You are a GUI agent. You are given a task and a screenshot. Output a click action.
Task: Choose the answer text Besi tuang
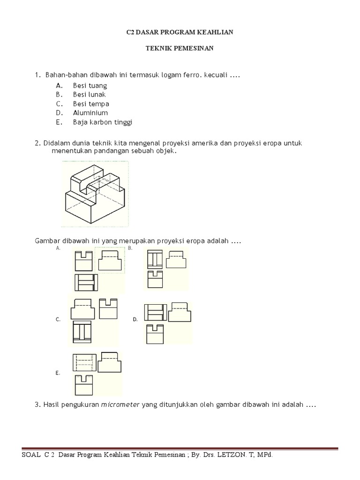coord(90,85)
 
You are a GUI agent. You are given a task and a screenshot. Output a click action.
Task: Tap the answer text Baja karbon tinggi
coord(103,122)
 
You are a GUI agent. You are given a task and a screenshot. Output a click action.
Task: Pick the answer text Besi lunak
coord(90,95)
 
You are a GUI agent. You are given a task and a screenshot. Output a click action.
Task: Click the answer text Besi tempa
coord(91,104)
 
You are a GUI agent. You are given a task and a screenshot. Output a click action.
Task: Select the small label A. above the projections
coord(58,248)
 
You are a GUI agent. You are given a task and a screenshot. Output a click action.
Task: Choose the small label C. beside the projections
coord(58,319)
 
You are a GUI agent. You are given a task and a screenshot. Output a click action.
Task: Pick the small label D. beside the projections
coord(135,319)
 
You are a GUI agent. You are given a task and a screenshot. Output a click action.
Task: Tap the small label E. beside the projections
coord(57,374)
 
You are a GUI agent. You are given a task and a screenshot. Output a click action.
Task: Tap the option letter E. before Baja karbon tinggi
coord(59,122)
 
